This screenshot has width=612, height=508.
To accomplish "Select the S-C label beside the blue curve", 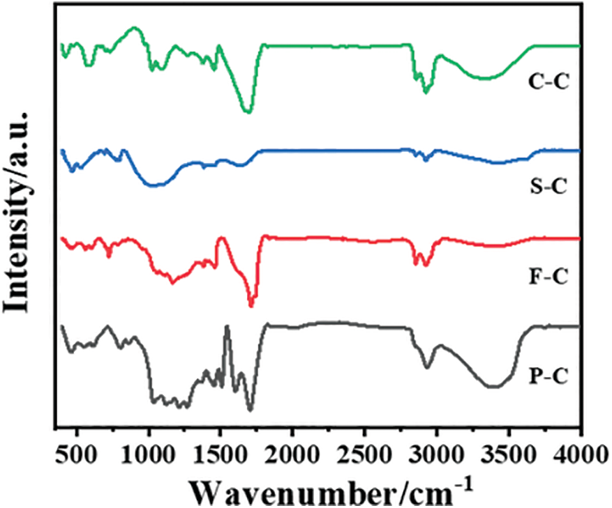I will pos(548,186).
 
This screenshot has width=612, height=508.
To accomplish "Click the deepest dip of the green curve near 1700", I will pos(246,111).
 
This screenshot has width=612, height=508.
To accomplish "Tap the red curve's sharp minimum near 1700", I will pos(251,305).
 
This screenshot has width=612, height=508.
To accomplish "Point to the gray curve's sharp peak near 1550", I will pos(227,326).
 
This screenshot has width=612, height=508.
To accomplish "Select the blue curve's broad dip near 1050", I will pos(156,185).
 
